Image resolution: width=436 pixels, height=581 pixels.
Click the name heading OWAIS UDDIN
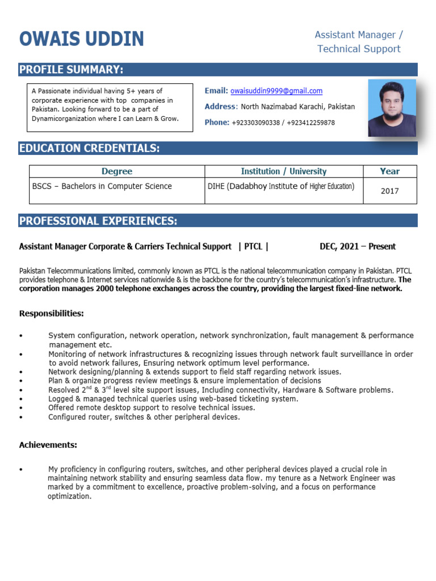(82, 39)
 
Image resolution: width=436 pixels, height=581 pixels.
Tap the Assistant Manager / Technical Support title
(359, 42)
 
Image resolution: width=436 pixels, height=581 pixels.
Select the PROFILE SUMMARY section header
(72, 70)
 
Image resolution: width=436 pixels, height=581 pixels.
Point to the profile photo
(392, 108)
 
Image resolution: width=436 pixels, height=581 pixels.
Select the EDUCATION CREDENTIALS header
(90, 149)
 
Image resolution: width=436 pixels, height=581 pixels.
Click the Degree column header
(117, 171)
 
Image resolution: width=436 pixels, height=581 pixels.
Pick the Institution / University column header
(283, 171)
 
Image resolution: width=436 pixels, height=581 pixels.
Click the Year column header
(389, 171)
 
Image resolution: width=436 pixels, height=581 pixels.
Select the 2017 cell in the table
(389, 191)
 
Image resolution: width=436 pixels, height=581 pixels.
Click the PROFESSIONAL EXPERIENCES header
(98, 221)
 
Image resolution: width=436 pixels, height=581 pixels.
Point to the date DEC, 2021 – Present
(358, 246)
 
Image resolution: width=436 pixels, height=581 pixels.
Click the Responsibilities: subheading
(52, 313)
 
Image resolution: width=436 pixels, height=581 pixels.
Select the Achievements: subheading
(48, 445)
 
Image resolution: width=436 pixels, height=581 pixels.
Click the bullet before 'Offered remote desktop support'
(21, 408)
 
